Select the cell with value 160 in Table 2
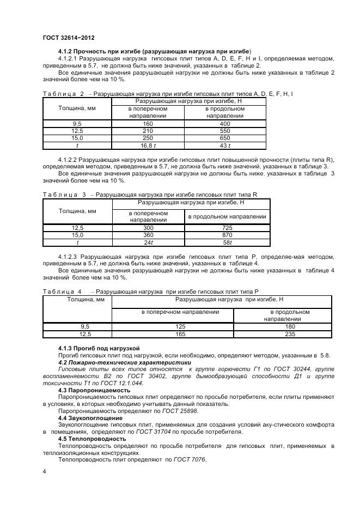click(148, 124)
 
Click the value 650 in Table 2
click(225, 138)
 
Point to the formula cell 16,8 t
click(148, 145)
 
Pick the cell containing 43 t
click(225, 145)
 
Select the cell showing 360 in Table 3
click(148, 235)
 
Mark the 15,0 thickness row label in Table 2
click(77, 138)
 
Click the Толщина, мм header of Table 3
click(77, 211)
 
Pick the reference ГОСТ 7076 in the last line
click(187, 459)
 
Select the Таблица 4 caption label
click(62, 292)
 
